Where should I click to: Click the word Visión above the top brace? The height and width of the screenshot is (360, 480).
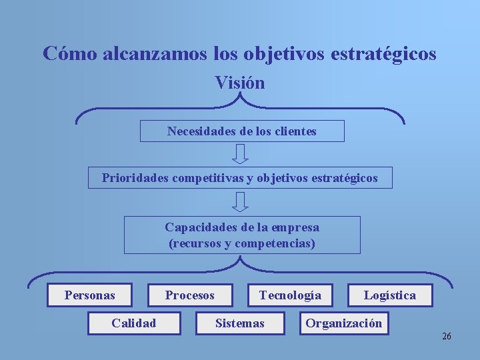tap(240, 83)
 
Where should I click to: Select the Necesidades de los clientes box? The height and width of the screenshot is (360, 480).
tap(242, 131)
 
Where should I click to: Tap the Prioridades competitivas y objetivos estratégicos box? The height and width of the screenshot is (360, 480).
tap(240, 178)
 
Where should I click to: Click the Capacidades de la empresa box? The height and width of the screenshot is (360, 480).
tap(242, 235)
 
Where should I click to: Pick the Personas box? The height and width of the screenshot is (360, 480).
tap(89, 295)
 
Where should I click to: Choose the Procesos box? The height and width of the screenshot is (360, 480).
tap(190, 295)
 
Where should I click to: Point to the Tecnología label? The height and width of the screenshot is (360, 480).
tap(290, 295)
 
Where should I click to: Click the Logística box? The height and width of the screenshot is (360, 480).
tap(390, 295)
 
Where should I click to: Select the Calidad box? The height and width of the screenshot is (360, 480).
tap(134, 323)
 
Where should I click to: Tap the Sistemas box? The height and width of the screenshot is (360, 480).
tap(240, 323)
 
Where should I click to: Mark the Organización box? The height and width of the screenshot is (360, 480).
tap(344, 323)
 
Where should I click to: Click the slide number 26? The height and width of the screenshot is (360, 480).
tap(447, 336)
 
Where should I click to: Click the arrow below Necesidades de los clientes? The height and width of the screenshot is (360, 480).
tap(241, 154)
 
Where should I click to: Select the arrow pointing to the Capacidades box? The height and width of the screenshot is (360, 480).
tap(241, 202)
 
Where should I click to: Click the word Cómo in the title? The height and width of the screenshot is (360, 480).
tap(70, 53)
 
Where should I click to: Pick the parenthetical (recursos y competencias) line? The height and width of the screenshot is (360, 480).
tap(242, 243)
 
